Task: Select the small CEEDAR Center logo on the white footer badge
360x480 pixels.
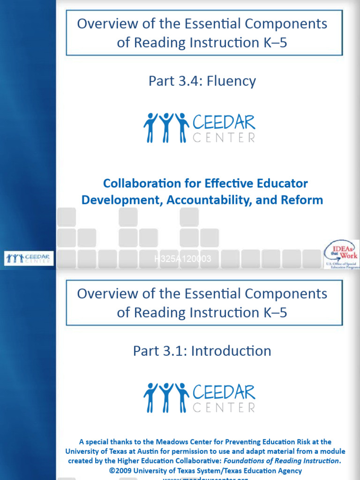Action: [29, 258]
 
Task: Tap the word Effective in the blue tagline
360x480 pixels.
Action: [227, 183]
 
